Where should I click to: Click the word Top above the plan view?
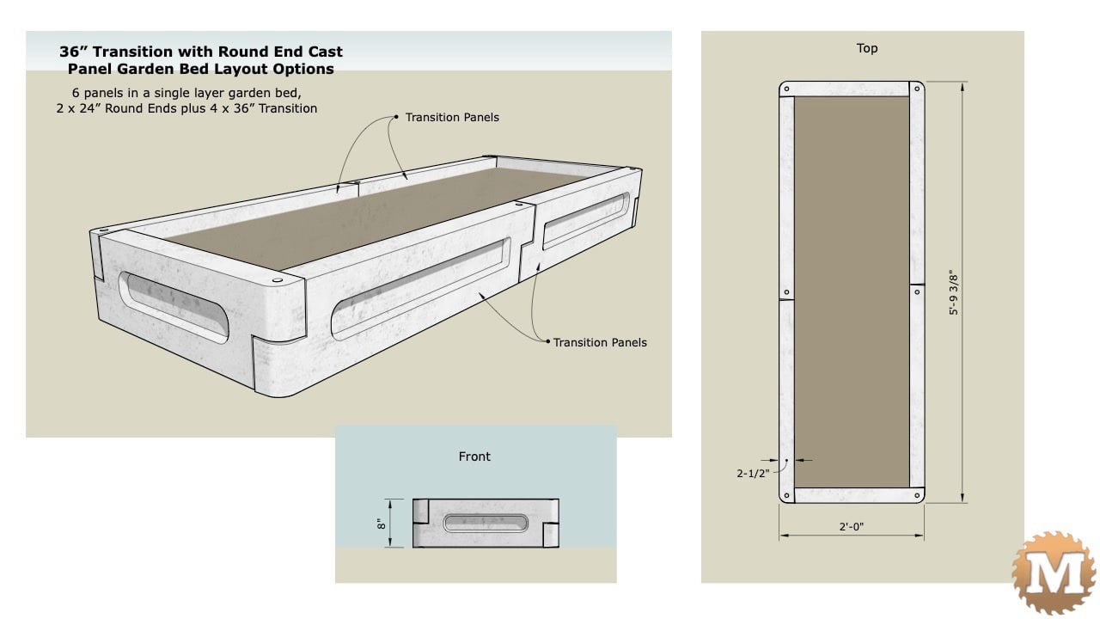[x=867, y=48]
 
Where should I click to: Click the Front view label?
[x=474, y=457]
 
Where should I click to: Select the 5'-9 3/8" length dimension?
[x=952, y=292]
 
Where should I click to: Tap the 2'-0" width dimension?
[x=852, y=527]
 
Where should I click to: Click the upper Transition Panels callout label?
[x=452, y=117]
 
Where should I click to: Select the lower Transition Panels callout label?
[x=600, y=342]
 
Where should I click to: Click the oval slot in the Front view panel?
[x=485, y=523]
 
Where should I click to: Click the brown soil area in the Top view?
[x=852, y=292]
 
